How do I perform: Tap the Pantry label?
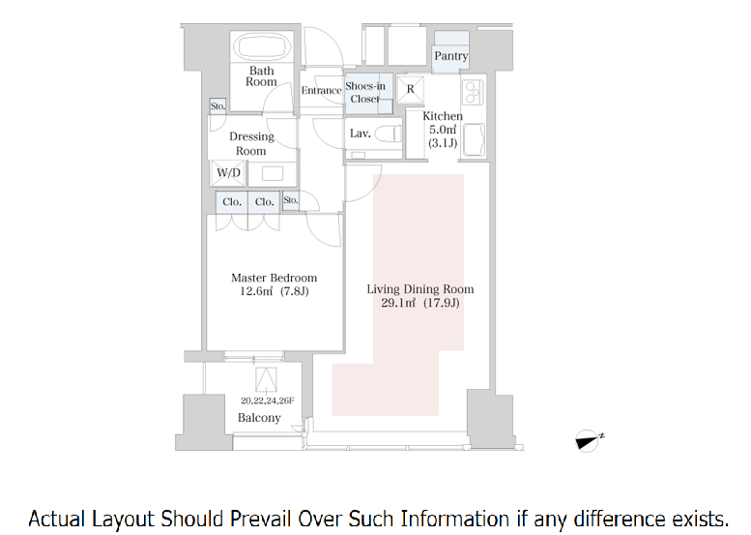(x=450, y=56)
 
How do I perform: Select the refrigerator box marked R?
(x=410, y=89)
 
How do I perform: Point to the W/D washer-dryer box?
(x=229, y=173)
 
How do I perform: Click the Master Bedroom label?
(x=274, y=279)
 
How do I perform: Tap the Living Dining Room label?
(x=419, y=289)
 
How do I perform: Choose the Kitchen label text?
(x=443, y=116)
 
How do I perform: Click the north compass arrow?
(x=587, y=440)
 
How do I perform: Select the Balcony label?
(x=259, y=418)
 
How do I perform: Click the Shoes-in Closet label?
(x=365, y=92)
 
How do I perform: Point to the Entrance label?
(x=321, y=91)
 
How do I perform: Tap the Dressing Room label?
(x=251, y=143)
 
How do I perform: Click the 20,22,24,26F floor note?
(x=267, y=400)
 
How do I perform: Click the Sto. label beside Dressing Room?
(x=217, y=106)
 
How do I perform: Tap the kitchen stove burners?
(x=473, y=93)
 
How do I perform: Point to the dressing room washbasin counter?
(x=272, y=174)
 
